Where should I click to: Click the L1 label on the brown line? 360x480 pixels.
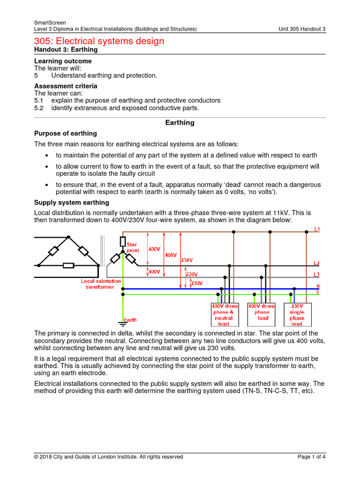click(317, 229)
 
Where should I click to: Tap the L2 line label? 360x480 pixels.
click(317, 263)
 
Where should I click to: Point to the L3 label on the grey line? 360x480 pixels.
click(317, 274)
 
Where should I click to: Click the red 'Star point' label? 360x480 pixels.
click(133, 247)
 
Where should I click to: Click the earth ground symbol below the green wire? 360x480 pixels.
click(122, 323)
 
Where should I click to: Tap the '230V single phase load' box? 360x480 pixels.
click(297, 315)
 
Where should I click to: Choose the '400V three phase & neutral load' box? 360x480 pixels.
click(225, 315)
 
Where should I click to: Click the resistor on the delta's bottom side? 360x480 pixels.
click(68, 266)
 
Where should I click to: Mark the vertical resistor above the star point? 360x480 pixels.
click(123, 242)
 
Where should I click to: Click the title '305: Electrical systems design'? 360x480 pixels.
click(99, 41)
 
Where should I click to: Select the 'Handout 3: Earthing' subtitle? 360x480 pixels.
click(66, 50)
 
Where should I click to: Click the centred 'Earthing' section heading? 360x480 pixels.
click(180, 123)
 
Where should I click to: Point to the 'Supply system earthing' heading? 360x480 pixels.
click(72, 202)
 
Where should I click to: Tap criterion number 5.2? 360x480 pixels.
click(38, 108)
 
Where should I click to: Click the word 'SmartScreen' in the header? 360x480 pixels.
click(50, 22)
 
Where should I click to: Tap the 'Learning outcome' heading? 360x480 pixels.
click(63, 61)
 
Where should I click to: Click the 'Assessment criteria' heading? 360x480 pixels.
click(66, 86)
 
